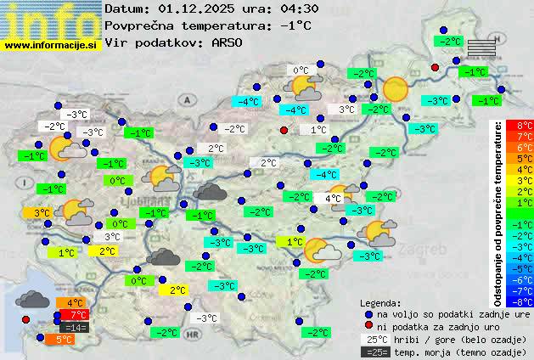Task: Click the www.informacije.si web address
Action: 51,45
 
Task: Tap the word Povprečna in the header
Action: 143,25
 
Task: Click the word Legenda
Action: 380,302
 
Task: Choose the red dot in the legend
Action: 368,326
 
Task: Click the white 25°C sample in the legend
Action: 374,339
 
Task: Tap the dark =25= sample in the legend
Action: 374,352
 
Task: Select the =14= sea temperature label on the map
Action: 74,327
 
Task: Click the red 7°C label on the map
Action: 74,315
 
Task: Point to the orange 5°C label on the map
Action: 64,339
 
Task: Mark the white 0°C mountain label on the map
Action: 301,70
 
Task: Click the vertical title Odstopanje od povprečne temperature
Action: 498,212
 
